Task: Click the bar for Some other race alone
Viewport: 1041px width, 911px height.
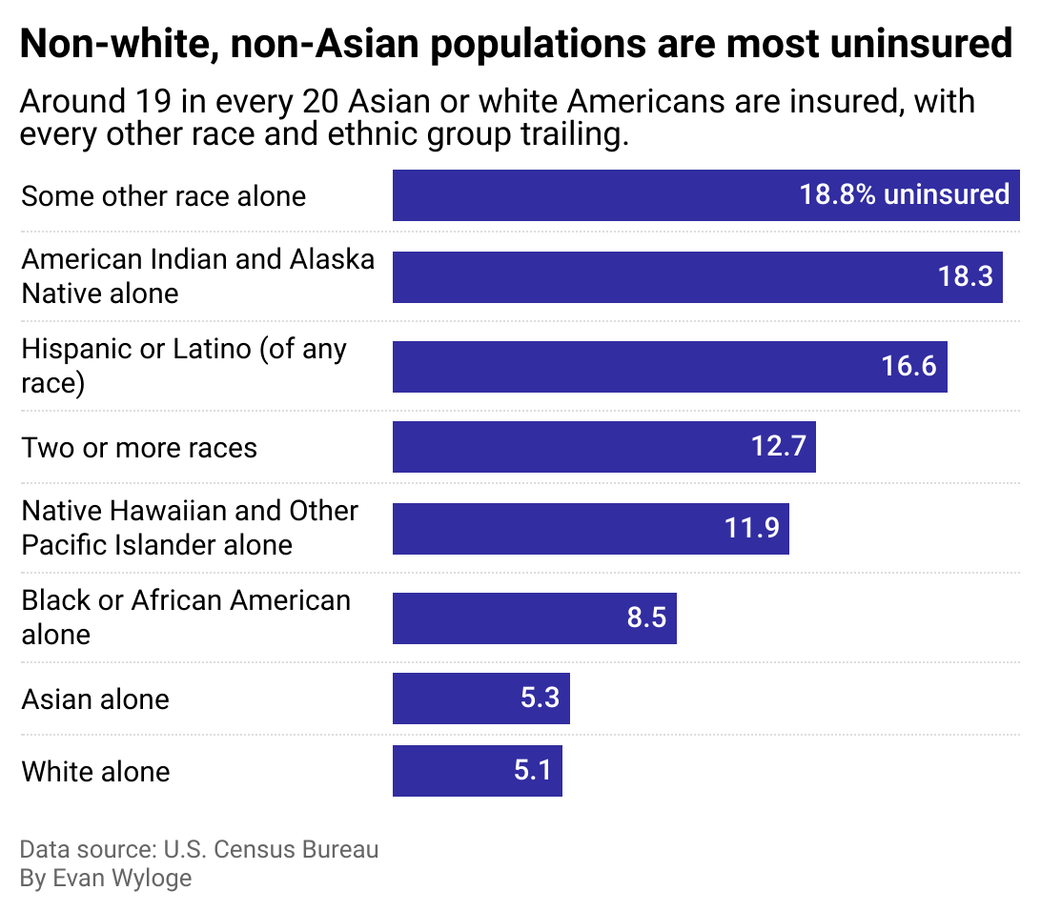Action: point(705,195)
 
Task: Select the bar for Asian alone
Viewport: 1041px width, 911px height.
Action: point(480,698)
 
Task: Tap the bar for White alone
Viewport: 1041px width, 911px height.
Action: point(477,770)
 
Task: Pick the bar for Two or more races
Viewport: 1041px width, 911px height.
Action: point(603,447)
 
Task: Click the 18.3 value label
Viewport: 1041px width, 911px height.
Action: point(965,277)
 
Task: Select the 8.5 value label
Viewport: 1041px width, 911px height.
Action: point(645,617)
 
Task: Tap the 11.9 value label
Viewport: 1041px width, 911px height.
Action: point(752,528)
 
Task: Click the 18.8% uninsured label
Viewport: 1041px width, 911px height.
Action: point(904,195)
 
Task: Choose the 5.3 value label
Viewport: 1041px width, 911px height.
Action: point(540,698)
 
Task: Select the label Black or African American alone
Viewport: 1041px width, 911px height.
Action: point(186,617)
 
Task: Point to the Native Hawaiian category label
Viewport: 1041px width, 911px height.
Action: point(190,528)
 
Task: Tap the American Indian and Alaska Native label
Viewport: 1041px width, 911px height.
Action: point(197,276)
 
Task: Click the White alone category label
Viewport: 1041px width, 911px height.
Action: point(95,771)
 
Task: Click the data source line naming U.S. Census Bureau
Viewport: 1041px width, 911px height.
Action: point(198,849)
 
